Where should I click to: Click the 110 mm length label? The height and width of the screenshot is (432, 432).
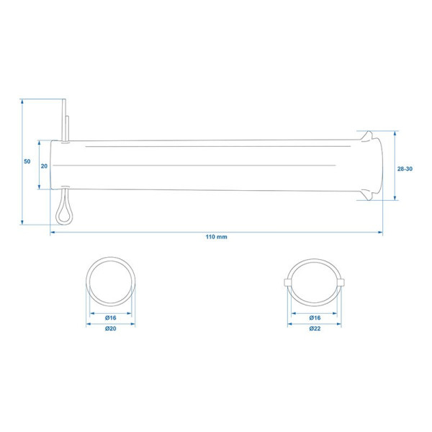(216, 237)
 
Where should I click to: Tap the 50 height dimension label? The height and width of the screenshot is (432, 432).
(27, 161)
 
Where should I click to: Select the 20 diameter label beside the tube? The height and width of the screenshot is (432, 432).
(44, 166)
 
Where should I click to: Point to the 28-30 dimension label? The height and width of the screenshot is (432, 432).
(405, 169)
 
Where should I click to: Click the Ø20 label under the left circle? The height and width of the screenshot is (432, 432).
(110, 328)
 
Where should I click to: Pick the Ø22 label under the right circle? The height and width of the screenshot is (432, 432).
(315, 328)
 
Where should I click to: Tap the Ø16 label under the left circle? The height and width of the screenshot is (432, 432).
(110, 318)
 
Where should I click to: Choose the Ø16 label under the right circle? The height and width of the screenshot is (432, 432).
(315, 318)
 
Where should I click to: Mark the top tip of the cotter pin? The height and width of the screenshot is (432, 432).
(64, 99)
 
